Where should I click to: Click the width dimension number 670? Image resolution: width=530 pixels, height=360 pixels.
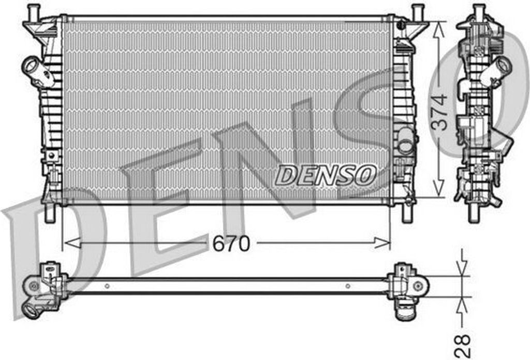coord(231,243)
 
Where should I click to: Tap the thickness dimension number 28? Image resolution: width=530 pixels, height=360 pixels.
coord(462,344)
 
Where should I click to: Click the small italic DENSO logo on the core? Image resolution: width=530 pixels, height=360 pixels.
coord(325,176)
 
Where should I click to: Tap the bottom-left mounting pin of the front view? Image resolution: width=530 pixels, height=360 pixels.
coord(50,213)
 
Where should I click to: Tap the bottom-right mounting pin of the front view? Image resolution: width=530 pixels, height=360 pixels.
coord(408,213)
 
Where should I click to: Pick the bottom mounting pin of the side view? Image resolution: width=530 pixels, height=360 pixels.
coord(473,213)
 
